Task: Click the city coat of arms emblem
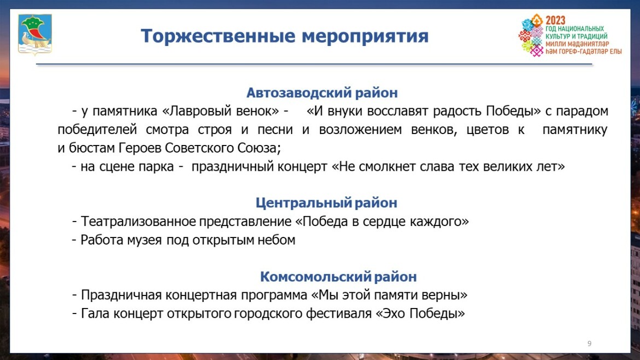click(34, 34)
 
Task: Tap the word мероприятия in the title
click(365, 37)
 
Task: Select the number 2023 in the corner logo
click(556, 20)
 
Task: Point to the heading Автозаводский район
click(322, 92)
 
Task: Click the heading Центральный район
click(326, 202)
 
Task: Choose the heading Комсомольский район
click(339, 276)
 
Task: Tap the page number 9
click(589, 343)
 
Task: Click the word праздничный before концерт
click(232, 166)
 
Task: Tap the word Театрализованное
click(138, 222)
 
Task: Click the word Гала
click(95, 313)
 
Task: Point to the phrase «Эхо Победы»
click(420, 313)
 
